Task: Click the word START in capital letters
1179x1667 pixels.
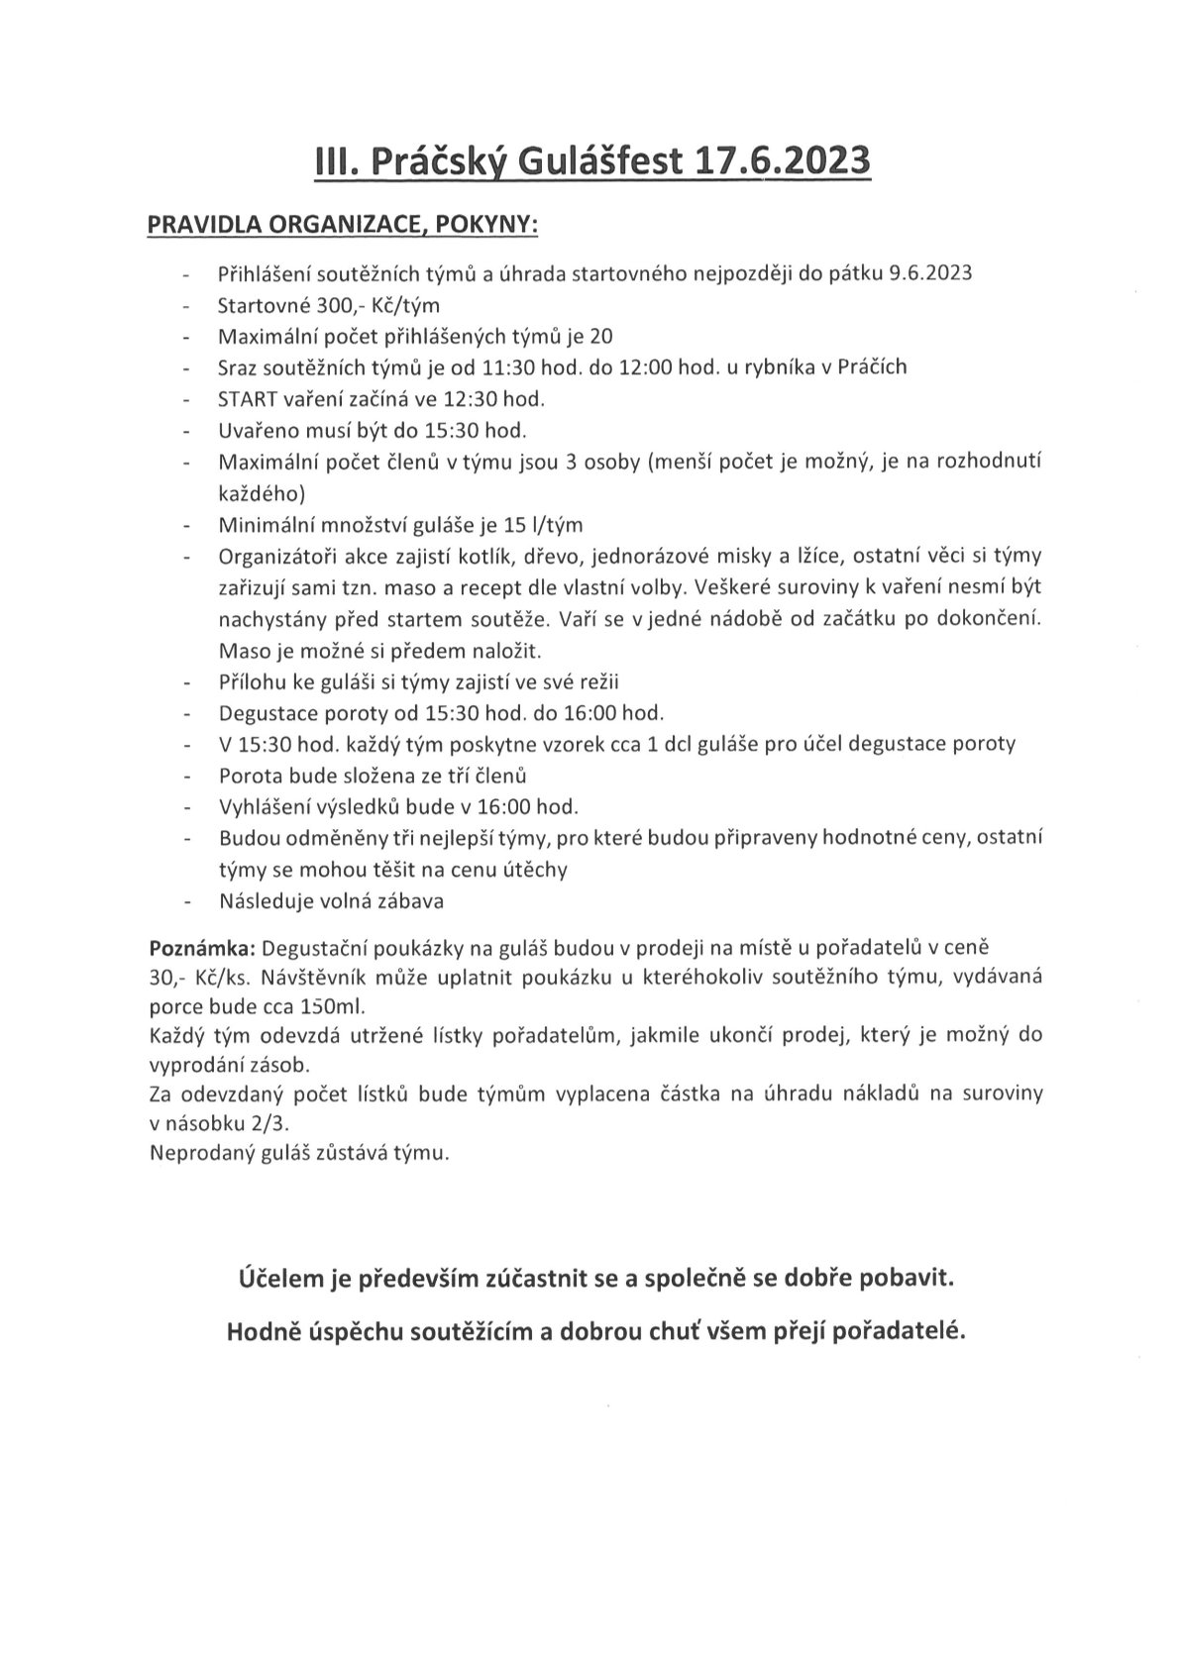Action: point(247,399)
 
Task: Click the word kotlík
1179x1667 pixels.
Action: point(528,556)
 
